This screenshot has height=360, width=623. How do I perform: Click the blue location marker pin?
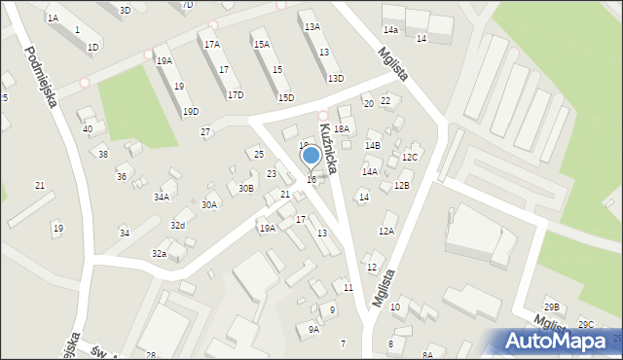[x=311, y=156]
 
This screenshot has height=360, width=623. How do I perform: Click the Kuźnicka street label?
[x=327, y=152]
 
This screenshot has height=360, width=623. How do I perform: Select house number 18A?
[x=342, y=128]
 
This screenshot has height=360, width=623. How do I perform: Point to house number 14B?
[x=373, y=145]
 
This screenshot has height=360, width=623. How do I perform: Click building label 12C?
[x=410, y=158]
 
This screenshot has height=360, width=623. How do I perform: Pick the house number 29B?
[x=552, y=307]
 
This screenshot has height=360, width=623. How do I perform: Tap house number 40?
[x=88, y=129]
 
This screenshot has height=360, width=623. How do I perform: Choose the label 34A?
[x=162, y=197]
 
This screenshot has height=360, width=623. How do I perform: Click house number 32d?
[x=177, y=226]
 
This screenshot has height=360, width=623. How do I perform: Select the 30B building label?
[x=246, y=189]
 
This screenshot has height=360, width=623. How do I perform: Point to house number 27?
[x=205, y=132]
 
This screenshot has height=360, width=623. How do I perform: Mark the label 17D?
[x=236, y=95]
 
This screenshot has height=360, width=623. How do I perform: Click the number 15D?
[x=286, y=97]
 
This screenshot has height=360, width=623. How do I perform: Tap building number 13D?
[x=336, y=79]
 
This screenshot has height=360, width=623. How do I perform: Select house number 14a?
[x=390, y=32]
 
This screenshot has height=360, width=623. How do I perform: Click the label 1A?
[x=53, y=18]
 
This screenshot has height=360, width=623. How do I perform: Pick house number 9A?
[x=313, y=330]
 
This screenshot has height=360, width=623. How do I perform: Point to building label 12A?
[x=386, y=232]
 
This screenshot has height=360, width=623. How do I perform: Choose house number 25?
[x=258, y=155]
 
